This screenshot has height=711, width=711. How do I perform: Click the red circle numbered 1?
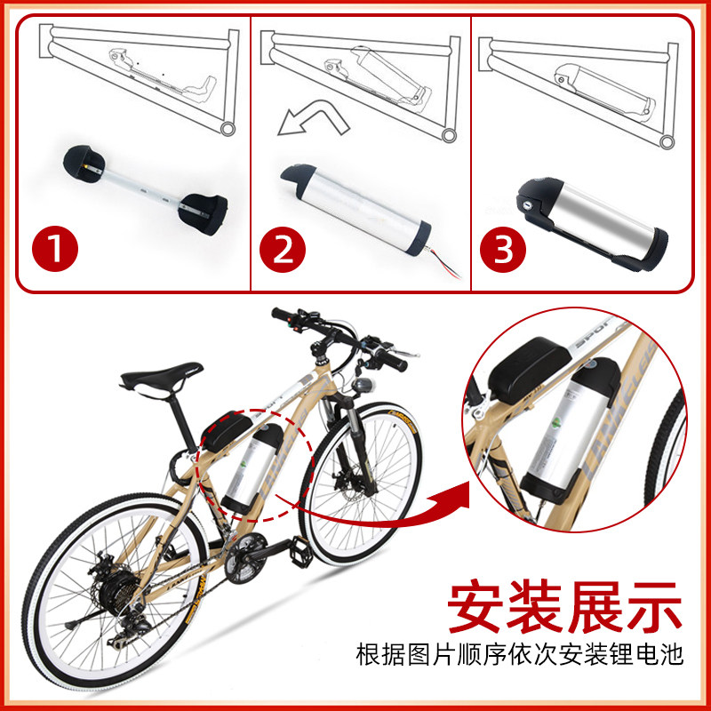[x=55, y=249]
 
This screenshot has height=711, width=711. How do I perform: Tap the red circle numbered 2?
[x=283, y=249]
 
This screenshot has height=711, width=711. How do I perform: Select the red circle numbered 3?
[x=503, y=249]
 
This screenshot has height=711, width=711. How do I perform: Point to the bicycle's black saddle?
[x=160, y=377]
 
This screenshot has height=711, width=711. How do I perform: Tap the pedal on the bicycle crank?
[x=301, y=551]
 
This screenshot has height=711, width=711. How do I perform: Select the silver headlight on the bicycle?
[x=363, y=385]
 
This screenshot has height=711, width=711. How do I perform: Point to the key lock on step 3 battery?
[x=527, y=205]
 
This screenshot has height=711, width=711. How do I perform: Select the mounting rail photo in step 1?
[x=145, y=190]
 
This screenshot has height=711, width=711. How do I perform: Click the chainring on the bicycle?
[x=244, y=558]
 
